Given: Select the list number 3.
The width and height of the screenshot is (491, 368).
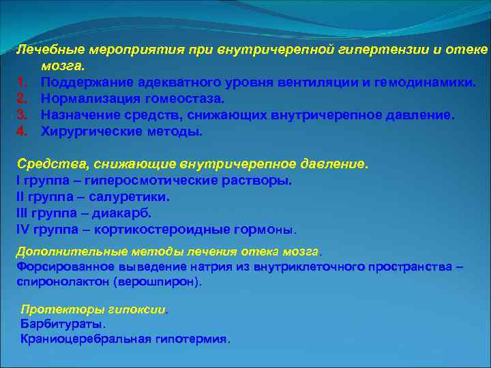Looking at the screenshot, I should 21,116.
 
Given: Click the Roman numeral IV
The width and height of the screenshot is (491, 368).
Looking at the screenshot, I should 22,230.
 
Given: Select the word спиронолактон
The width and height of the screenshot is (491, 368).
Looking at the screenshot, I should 62,281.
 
